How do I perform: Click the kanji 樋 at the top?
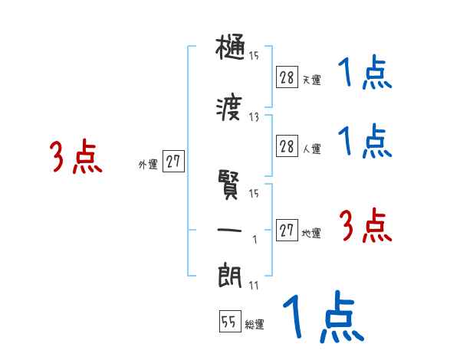(230, 48)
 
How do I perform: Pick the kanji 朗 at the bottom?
(230, 274)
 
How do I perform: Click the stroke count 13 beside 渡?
(254, 117)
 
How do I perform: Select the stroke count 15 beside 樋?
(254, 55)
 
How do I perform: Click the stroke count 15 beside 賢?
(254, 193)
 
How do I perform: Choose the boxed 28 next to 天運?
(287, 77)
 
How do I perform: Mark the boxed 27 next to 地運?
(287, 231)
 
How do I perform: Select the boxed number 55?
(229, 322)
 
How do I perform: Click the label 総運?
(255, 325)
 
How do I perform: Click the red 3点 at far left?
(76, 157)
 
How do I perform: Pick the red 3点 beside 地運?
(366, 226)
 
